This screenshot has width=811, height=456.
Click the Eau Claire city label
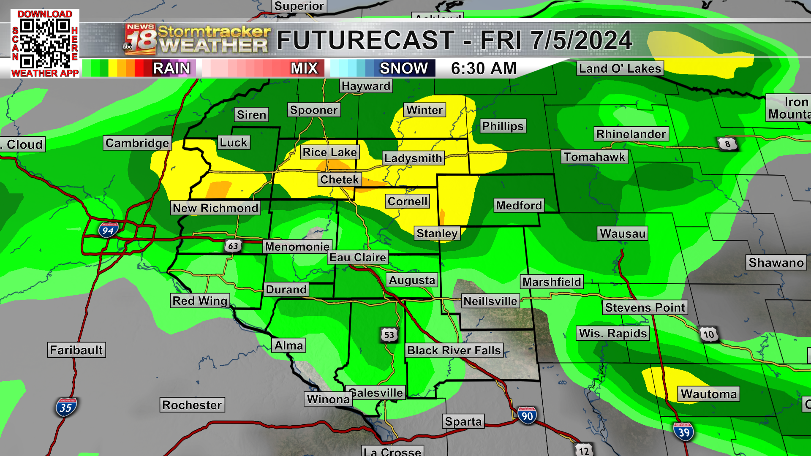tap(357, 257)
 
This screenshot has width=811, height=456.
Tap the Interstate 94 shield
tap(108, 230)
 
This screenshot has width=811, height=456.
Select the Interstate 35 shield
tap(65, 407)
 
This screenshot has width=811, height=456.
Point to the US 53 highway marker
tap(389, 335)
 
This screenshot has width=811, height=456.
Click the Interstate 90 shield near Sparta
tap(527, 416)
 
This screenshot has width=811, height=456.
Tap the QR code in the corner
tap(44, 43)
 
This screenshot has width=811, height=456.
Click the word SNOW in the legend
tap(403, 68)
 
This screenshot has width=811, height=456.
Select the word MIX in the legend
tap(304, 68)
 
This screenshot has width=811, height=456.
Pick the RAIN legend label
tap(171, 68)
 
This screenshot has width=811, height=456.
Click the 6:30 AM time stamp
tap(484, 68)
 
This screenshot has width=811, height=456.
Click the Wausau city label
tap(623, 233)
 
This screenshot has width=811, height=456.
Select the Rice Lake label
tap(330, 152)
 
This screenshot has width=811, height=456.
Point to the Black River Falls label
tap(454, 350)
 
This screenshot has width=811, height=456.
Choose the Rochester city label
tap(192, 405)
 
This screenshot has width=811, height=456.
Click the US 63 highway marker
tap(233, 246)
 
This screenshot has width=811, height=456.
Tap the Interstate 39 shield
tap(683, 432)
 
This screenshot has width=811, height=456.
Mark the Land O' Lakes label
tap(620, 68)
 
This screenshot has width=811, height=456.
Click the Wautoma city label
tap(708, 394)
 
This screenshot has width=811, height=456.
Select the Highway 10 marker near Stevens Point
tap(709, 334)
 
